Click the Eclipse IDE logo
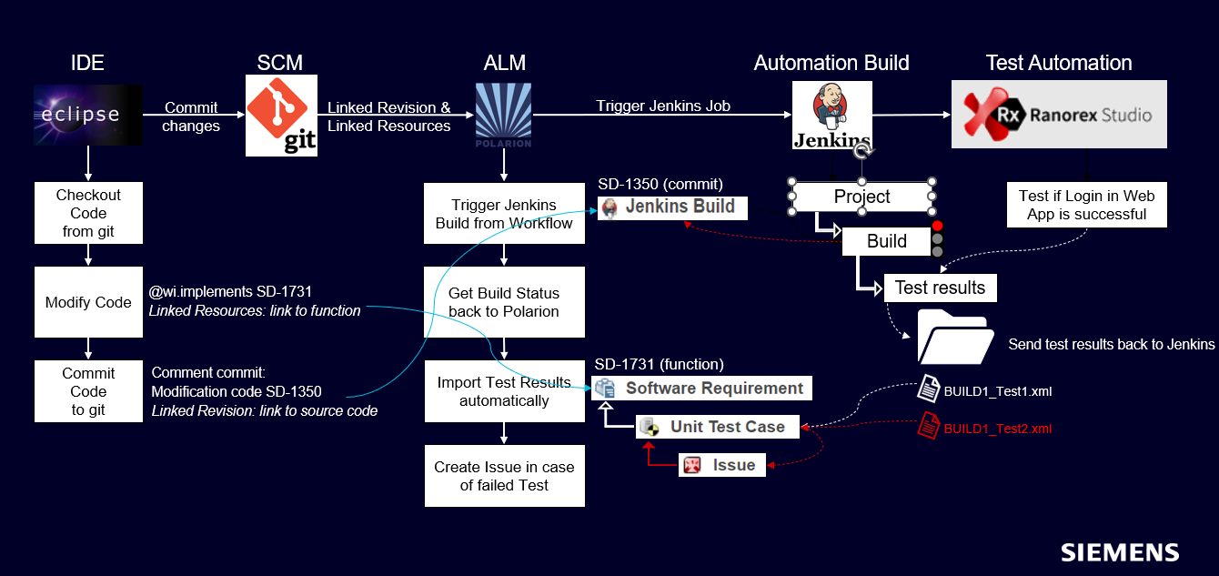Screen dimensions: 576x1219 88,115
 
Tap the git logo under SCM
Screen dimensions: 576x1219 282,115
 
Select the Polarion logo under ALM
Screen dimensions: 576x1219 504,115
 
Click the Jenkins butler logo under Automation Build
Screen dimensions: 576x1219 831,115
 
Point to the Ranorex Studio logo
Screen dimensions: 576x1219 1059,115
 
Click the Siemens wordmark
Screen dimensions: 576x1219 1120,552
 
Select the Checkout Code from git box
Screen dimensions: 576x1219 88,213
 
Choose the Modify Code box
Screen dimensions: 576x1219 88,302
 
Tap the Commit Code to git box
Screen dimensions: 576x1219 88,391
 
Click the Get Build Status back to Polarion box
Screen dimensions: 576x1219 504,302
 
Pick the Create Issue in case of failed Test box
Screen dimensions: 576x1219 504,476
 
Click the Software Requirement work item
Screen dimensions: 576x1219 701,389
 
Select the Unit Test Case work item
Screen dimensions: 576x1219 717,427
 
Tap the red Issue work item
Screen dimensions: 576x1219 723,465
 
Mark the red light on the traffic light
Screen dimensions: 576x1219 938,227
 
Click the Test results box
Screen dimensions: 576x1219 940,288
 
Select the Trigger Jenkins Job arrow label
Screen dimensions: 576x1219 663,106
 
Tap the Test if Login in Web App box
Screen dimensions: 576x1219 1086,205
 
